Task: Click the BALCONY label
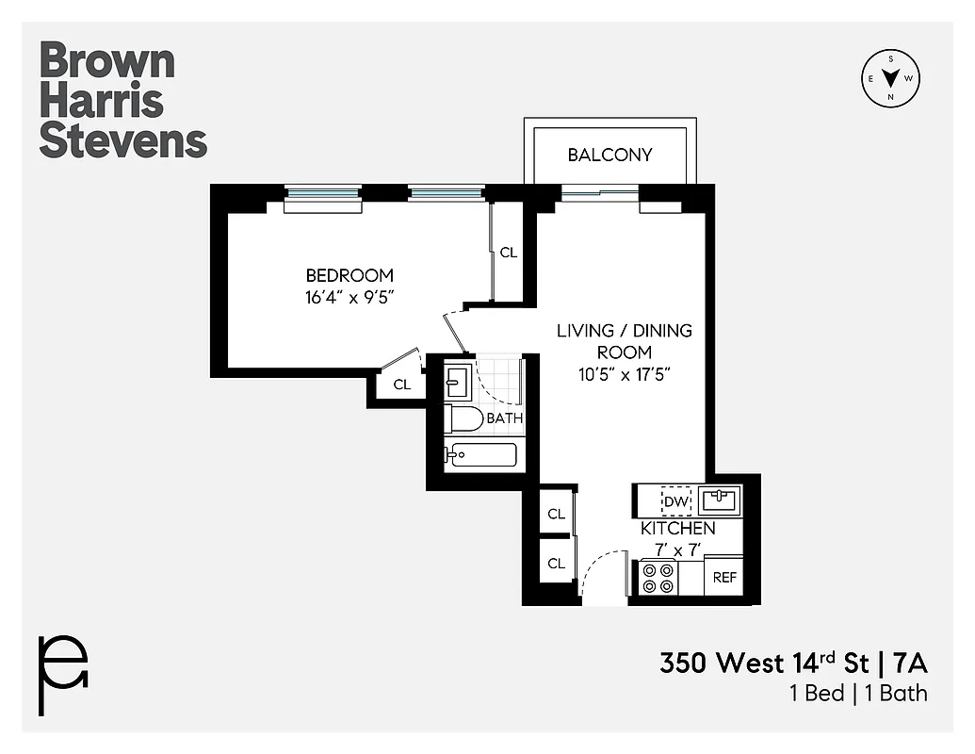pyautogui.click(x=609, y=155)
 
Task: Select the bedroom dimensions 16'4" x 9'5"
pyautogui.click(x=349, y=297)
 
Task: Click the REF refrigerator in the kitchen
pyautogui.click(x=724, y=578)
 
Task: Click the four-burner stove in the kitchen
pyautogui.click(x=658, y=578)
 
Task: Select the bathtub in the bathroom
pyautogui.click(x=481, y=455)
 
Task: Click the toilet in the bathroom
pyautogui.click(x=464, y=418)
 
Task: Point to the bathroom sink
pyautogui.click(x=458, y=383)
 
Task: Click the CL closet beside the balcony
pyautogui.click(x=509, y=253)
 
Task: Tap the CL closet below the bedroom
pyautogui.click(x=402, y=385)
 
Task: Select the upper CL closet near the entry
pyautogui.click(x=556, y=514)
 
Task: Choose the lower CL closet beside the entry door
pyautogui.click(x=556, y=564)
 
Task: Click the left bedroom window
pyautogui.click(x=323, y=194)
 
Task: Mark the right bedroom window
pyautogui.click(x=447, y=194)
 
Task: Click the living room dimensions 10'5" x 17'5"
pyautogui.click(x=624, y=374)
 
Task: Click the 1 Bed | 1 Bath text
pyautogui.click(x=858, y=694)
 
